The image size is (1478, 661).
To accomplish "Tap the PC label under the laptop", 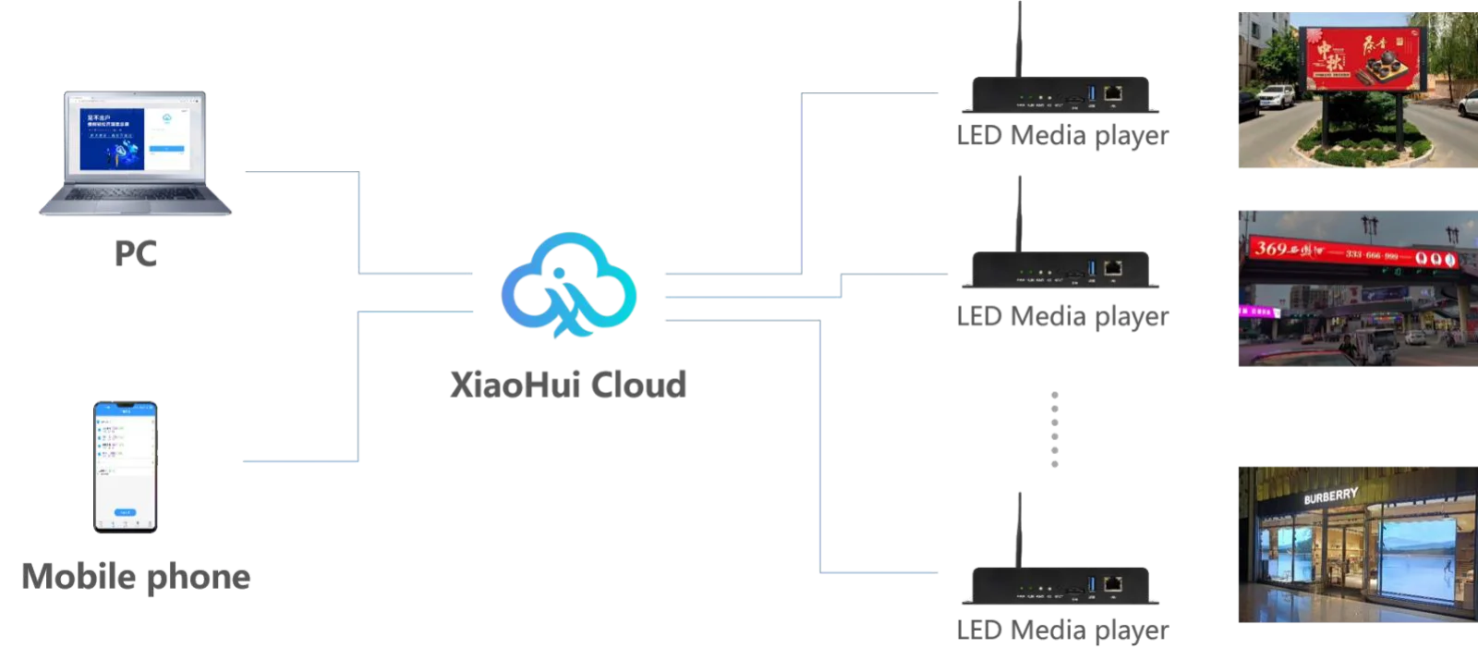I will click(137, 254).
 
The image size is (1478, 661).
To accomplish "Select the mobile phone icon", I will click(126, 466).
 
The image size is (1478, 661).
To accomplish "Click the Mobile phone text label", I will click(137, 576).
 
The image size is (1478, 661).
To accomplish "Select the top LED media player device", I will click(1060, 95).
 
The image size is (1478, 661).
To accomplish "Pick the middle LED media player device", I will click(1060, 271).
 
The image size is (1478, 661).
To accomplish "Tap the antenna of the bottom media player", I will click(1019, 527).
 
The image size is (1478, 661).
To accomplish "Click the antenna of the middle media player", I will click(1019, 213).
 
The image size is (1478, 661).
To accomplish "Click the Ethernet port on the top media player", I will click(1114, 93).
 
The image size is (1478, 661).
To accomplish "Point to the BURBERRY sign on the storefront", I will click(1330, 496).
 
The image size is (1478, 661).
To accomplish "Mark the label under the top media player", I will click(1063, 137).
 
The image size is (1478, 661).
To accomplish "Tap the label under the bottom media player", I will click(1063, 630).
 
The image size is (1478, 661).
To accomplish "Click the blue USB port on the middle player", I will click(1091, 269).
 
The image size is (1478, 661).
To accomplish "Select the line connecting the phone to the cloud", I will click(358, 388).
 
